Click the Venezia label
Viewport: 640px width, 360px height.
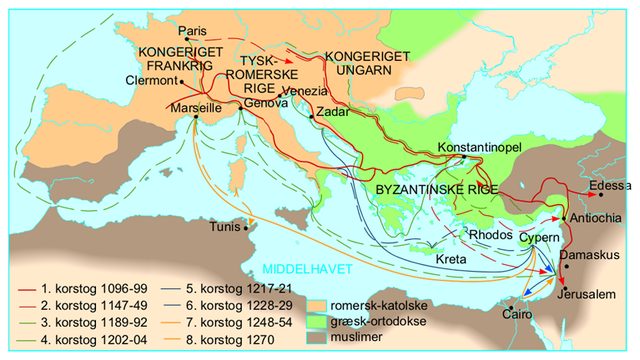click(305, 92)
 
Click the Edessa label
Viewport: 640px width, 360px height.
click(610, 186)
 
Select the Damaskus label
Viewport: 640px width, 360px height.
click(591, 256)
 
